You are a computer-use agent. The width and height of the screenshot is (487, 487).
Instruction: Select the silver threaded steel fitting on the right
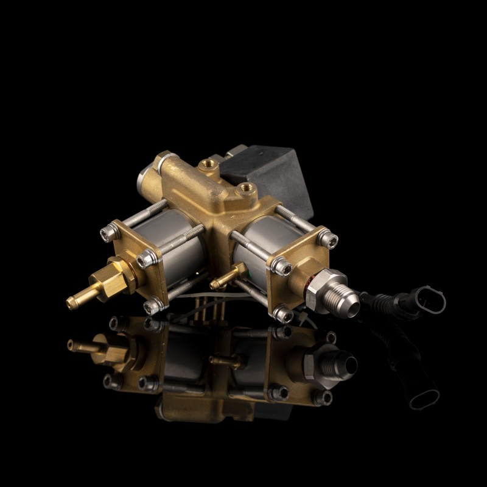click(332, 297)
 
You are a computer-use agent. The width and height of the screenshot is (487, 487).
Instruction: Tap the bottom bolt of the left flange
click(154, 302)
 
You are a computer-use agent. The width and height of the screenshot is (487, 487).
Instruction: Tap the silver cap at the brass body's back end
click(142, 179)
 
